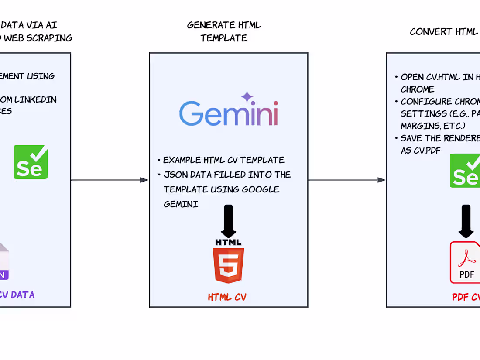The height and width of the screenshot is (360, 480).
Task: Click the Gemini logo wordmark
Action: point(229,113)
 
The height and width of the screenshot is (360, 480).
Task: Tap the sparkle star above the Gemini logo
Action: point(247,96)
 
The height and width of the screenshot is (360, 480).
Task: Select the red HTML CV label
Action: point(227,297)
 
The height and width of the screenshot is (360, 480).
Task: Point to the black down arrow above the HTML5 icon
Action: point(228,221)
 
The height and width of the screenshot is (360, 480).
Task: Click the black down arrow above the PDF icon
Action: point(466,221)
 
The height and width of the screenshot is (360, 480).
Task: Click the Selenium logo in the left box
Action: point(31,162)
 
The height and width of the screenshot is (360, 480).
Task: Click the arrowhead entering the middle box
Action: point(144,180)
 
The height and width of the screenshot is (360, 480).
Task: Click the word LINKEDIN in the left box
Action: point(36,99)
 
